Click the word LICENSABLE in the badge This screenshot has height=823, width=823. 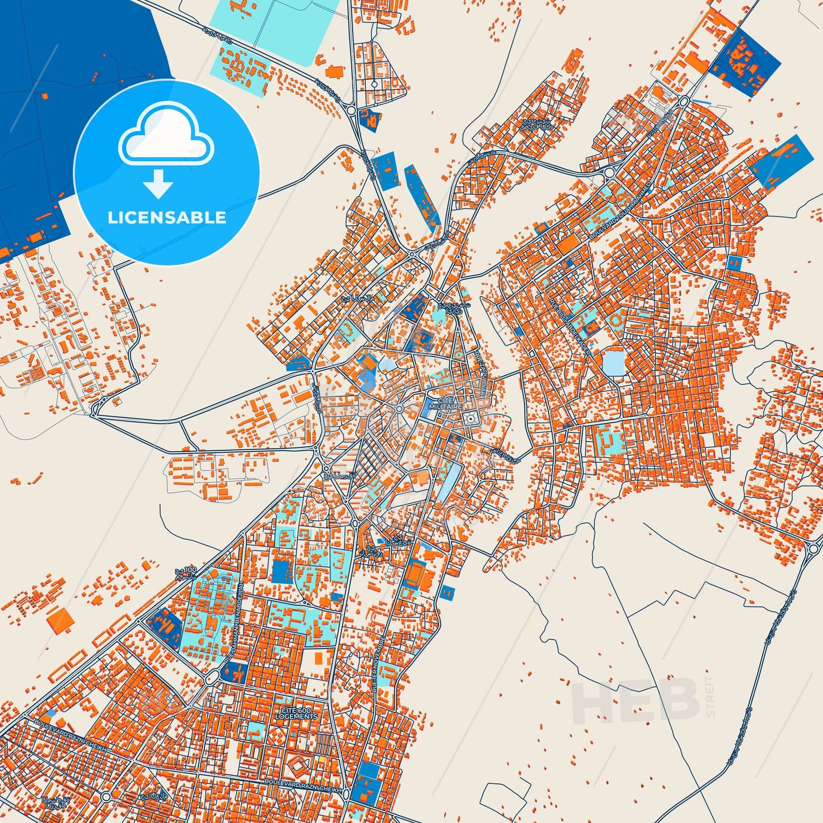(x=167, y=218)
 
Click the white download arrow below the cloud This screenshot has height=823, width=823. (x=158, y=184)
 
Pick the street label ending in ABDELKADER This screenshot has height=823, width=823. (x=571, y=325)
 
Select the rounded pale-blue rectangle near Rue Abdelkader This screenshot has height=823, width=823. (x=614, y=363)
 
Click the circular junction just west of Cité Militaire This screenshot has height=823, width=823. (x=399, y=409)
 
